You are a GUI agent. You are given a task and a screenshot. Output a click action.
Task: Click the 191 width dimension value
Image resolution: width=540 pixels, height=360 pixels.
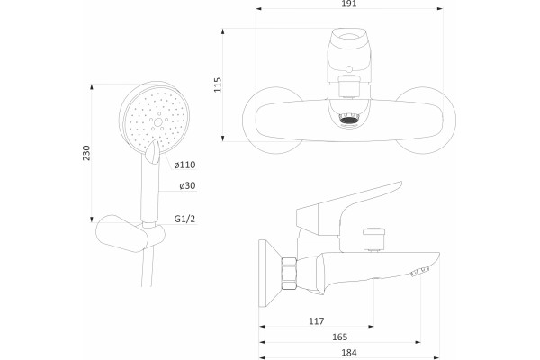(349, 4)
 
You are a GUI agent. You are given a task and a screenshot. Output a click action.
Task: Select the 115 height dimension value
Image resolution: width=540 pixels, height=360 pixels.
(218, 85)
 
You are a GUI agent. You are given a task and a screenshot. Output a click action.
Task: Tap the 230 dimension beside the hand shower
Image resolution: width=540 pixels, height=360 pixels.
(86, 153)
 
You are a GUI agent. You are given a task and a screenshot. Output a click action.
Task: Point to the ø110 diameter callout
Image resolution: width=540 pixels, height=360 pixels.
(184, 165)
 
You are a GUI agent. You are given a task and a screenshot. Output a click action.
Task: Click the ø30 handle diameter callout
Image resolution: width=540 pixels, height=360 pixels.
(187, 186)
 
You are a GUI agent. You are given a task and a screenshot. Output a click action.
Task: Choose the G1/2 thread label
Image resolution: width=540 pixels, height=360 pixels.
(184, 219)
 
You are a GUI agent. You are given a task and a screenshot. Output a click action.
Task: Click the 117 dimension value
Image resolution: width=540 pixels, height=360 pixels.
(316, 321)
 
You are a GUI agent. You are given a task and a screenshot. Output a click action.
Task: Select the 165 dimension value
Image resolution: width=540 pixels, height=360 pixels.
(340, 337)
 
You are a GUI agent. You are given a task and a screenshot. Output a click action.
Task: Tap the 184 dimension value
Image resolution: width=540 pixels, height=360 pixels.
(349, 353)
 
